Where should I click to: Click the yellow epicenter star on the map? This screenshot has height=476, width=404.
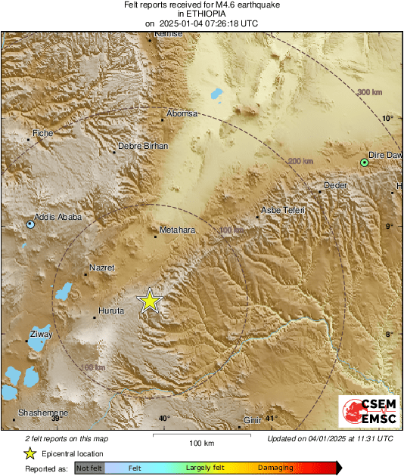click(x=150, y=301)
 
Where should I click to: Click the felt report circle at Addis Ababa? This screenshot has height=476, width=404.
click(x=30, y=224)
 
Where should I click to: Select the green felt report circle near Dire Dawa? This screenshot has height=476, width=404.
click(x=365, y=162)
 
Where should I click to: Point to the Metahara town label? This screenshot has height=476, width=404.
click(x=178, y=230)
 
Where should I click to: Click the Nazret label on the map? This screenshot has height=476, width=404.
click(x=102, y=267)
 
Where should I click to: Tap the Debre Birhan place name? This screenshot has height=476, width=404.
click(x=144, y=146)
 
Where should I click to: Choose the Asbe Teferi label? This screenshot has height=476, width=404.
click(x=282, y=210)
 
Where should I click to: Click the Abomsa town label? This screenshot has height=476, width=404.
click(x=182, y=113)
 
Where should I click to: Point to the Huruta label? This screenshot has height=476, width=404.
click(x=110, y=311)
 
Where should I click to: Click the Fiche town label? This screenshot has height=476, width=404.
click(x=42, y=134)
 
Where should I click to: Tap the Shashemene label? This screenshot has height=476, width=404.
click(x=43, y=413)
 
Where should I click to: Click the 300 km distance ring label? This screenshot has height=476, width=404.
click(x=370, y=91)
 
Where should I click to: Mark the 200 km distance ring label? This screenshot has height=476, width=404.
click(x=300, y=161)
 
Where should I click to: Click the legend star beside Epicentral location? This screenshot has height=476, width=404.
click(x=30, y=453)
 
